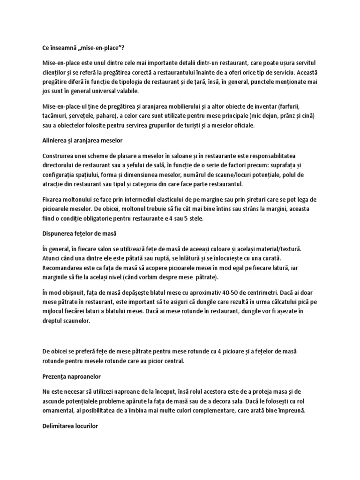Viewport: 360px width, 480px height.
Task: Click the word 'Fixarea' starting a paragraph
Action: pos(52,200)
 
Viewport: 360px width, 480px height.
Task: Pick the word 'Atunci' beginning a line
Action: pos(52,258)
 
